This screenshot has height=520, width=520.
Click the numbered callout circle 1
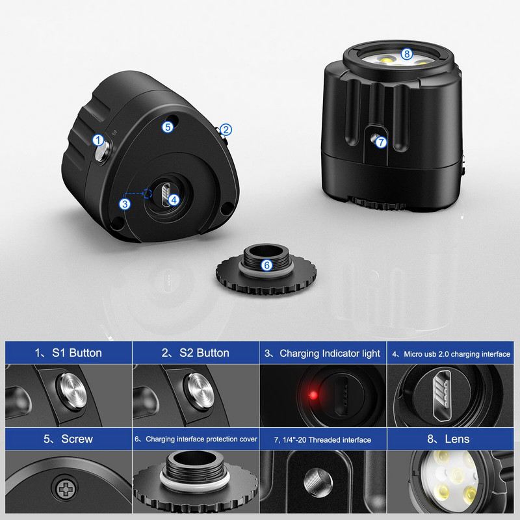tap(97, 139)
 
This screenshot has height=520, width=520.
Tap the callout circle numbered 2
tap(226, 129)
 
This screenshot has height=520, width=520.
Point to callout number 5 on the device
tap(168, 127)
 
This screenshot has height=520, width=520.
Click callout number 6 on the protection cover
tap(266, 265)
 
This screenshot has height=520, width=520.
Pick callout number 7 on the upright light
tap(382, 141)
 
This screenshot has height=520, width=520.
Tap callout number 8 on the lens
tap(407, 54)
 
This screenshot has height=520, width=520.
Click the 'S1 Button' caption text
tap(68, 353)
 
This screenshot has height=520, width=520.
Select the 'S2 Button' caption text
tap(196, 353)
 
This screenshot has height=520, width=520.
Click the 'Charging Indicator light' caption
tap(323, 354)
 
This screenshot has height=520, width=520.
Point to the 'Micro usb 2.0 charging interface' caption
tap(451, 354)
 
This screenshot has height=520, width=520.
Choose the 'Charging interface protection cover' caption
tap(196, 439)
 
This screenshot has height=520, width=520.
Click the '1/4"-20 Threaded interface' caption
tap(323, 440)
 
